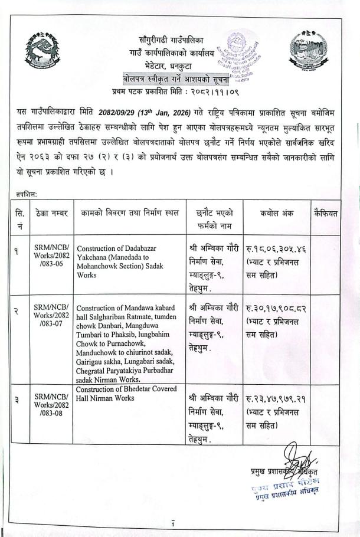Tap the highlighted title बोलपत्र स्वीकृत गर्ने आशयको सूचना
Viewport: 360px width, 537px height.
click(175, 78)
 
